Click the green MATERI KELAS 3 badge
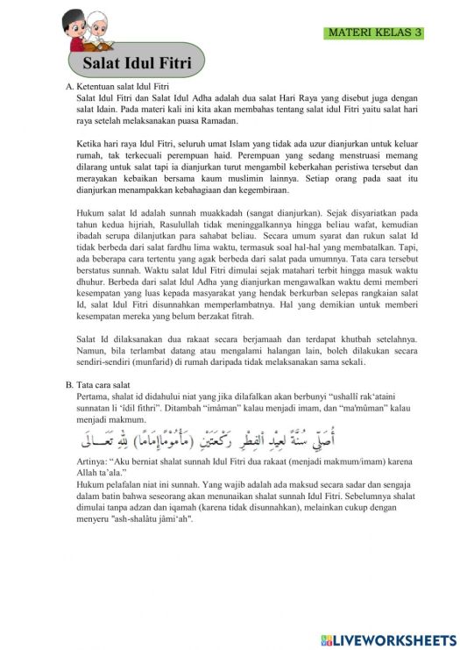pos(374,32)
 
